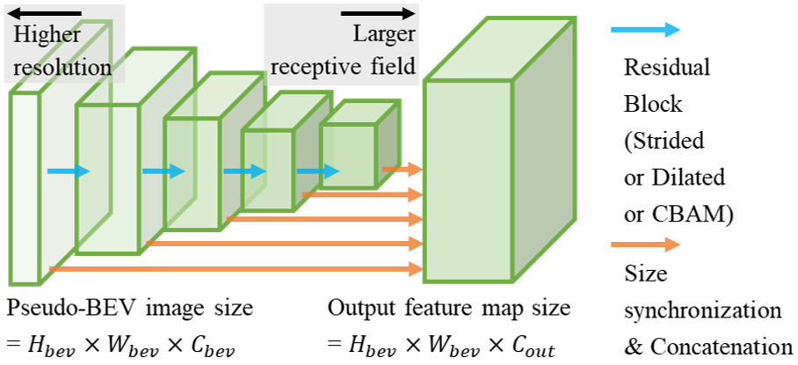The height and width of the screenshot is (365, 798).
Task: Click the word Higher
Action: pos(46,36)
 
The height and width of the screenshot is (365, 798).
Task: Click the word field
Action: pos(393,65)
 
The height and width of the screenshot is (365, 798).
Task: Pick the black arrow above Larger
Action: pos(378,13)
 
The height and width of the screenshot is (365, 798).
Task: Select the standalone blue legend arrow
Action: pos(645,29)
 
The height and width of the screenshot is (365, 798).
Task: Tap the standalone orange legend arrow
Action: pos(645,245)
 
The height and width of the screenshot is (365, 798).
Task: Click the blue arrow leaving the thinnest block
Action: pos(68,172)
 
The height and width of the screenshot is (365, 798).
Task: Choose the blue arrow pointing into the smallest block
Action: pos(317,172)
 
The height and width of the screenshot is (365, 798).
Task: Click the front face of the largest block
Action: pos(468,180)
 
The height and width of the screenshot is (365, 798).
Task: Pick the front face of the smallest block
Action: pos(348,155)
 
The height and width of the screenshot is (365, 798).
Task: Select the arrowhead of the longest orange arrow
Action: pos(417,268)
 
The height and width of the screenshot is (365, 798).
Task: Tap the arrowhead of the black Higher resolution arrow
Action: pos(14,13)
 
